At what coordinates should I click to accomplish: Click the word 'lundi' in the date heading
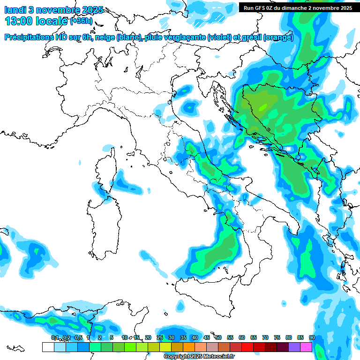click(x=15, y=10)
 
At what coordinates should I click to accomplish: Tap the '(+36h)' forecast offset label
click(x=82, y=22)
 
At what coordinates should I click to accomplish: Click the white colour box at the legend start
click(x=48, y=347)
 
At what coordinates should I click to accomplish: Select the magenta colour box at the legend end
click(x=306, y=347)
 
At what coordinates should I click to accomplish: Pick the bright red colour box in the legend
click(x=247, y=347)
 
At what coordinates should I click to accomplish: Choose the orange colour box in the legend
click(x=189, y=347)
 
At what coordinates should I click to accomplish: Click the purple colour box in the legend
click(x=294, y=347)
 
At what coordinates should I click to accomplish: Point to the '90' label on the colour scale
click(x=312, y=337)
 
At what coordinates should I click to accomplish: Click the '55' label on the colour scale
click(x=230, y=337)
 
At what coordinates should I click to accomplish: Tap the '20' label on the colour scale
click(x=148, y=337)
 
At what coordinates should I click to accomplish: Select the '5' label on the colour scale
click(x=112, y=337)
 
